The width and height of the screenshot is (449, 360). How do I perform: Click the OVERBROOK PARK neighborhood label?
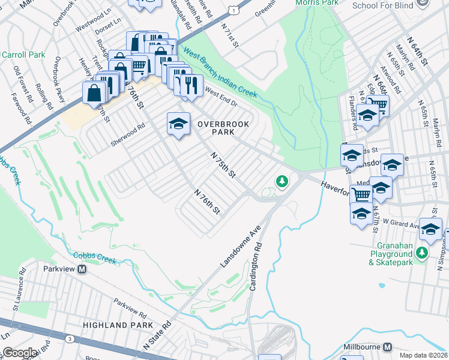coord(223,127)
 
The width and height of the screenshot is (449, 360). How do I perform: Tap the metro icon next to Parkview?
coord(83,269)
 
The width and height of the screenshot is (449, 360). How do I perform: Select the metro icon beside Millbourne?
coord(387,347)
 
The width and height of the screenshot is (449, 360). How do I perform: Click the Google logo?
coord(20,353)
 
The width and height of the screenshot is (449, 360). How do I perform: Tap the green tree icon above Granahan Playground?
coord(422,253)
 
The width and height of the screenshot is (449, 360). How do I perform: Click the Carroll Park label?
coord(23,55)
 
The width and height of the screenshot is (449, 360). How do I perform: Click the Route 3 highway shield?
coord(70,339)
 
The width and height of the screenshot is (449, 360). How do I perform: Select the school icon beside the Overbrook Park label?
coord(178,124)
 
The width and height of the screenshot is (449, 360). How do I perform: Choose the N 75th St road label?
coord(223,164)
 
